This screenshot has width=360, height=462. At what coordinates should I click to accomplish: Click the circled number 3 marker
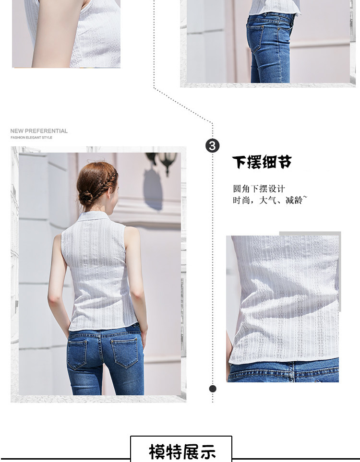pos(212,146)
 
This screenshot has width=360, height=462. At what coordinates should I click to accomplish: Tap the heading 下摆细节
pos(262,162)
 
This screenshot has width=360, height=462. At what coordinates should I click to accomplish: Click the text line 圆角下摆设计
pos(259,189)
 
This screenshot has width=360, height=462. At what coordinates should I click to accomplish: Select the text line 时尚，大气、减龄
pos(270,200)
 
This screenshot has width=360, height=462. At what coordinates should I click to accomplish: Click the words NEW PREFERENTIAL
pos(39,131)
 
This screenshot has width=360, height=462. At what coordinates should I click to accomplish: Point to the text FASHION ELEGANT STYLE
pos(31,138)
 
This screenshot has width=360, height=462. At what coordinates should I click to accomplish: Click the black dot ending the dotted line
pos(213,389)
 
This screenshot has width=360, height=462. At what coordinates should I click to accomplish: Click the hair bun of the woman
pos(85,197)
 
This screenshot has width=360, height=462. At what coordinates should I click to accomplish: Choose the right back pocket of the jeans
pos(124,353)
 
